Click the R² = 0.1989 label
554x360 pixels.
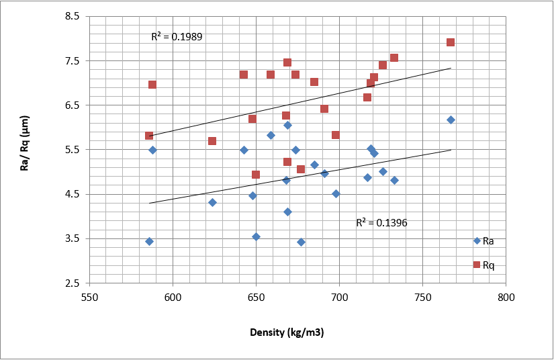click(177, 37)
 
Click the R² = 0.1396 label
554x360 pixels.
click(381, 222)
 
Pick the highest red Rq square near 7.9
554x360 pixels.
click(451, 42)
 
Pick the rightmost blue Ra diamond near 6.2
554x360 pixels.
click(451, 120)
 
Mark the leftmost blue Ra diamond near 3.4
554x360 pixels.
click(149, 241)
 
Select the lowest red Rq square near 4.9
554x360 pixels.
click(256, 175)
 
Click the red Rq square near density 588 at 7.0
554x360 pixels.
click(152, 85)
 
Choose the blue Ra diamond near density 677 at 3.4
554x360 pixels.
click(301, 242)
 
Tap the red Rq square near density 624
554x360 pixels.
click(212, 141)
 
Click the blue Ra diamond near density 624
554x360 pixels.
click(212, 202)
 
